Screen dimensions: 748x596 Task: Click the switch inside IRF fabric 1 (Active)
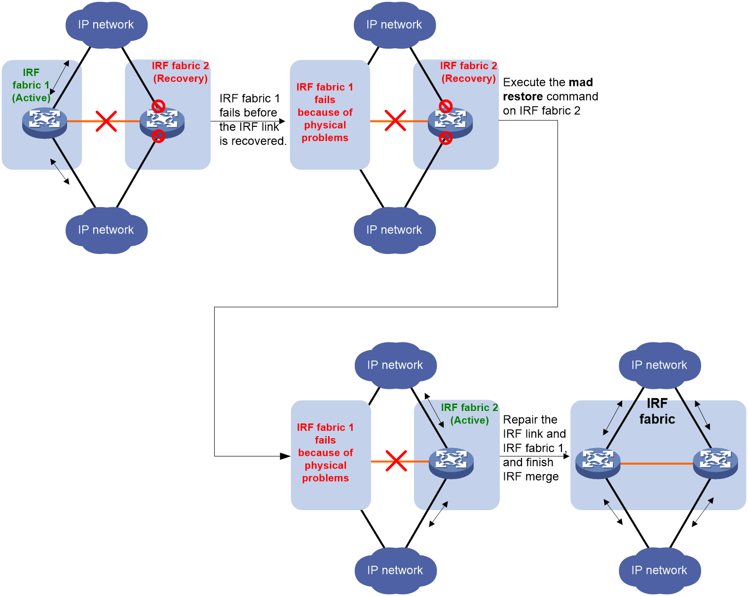pyautogui.click(x=44, y=123)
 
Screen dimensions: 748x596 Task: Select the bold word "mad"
pyautogui.click(x=580, y=82)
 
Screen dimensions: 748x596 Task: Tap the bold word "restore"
pyautogui.click(x=523, y=96)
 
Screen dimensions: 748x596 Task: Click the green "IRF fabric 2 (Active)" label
pyautogui.click(x=469, y=413)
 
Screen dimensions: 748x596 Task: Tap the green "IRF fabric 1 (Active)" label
pyautogui.click(x=31, y=85)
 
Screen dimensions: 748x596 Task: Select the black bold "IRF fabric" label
pyautogui.click(x=657, y=411)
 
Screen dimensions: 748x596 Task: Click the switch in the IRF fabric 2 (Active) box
pyautogui.click(x=451, y=463)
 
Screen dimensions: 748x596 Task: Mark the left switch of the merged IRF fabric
pyautogui.click(x=598, y=463)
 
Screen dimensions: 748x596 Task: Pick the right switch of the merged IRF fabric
pyautogui.click(x=715, y=463)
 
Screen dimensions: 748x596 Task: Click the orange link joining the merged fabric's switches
pyautogui.click(x=657, y=463)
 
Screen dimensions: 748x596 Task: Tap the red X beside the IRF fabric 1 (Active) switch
pyautogui.click(x=106, y=121)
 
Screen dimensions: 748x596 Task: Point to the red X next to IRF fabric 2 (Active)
pyautogui.click(x=396, y=461)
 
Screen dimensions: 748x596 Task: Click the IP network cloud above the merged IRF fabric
pyautogui.click(x=659, y=365)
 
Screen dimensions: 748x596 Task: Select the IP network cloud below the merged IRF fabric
pyautogui.click(x=659, y=570)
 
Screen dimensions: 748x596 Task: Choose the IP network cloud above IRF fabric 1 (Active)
pyautogui.click(x=107, y=25)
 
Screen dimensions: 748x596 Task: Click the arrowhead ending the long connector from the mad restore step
pyautogui.click(x=285, y=456)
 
